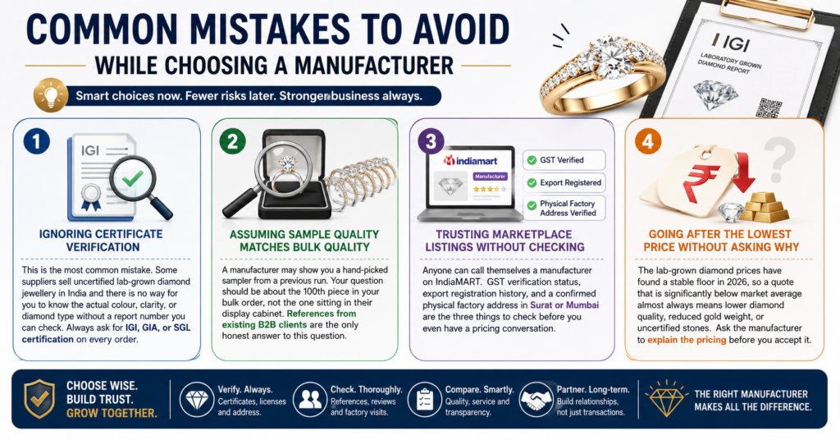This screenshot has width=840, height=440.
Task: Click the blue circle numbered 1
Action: tap(36, 141)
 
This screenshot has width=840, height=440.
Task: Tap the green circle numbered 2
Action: tap(232, 141)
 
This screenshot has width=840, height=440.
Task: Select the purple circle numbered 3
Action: tap(431, 141)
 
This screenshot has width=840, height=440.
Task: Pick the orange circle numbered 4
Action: tap(648, 141)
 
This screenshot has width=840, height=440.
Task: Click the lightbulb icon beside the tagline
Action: tap(50, 96)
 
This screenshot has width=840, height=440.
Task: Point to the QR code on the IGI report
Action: tap(769, 108)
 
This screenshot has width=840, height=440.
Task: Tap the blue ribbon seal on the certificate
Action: tap(90, 198)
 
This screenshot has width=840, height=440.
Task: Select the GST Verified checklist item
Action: tap(564, 160)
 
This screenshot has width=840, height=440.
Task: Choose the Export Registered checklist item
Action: tap(564, 183)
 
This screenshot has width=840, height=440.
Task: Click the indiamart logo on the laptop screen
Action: tap(470, 160)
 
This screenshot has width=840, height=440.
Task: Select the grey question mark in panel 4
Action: tap(779, 159)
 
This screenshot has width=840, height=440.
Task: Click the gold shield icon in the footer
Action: tap(39, 399)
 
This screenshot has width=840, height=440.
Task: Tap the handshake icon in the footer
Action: tap(536, 399)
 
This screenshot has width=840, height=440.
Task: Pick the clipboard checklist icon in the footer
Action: tap(425, 400)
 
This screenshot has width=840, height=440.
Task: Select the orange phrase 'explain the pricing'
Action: tap(687, 340)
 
